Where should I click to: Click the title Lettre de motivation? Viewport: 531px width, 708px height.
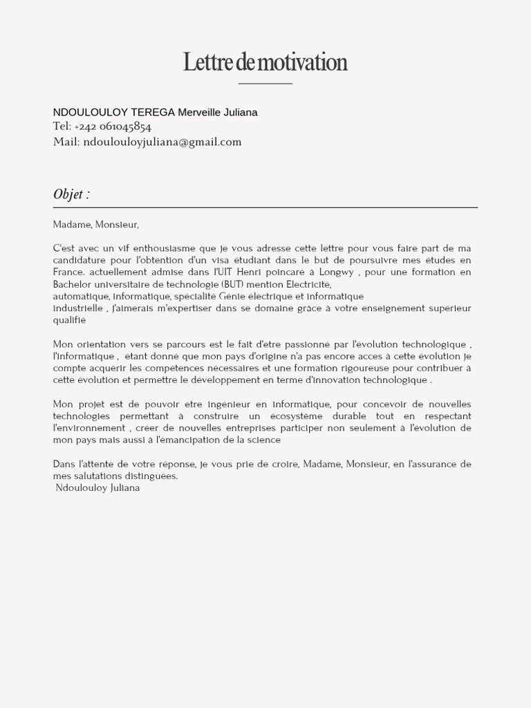click(265, 62)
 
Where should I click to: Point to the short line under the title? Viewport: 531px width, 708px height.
click(265, 84)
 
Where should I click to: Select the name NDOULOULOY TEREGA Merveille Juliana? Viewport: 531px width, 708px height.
click(155, 112)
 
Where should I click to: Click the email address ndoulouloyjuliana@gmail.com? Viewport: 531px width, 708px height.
click(162, 142)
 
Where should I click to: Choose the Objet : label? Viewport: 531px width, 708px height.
click(71, 194)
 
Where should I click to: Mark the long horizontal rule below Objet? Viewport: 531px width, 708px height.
click(265, 207)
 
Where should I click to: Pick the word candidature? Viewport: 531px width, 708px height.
click(80, 260)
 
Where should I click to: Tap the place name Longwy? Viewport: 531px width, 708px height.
click(337, 272)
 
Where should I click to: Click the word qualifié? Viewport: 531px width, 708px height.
click(70, 320)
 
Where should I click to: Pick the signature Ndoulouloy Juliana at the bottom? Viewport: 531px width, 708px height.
click(97, 488)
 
